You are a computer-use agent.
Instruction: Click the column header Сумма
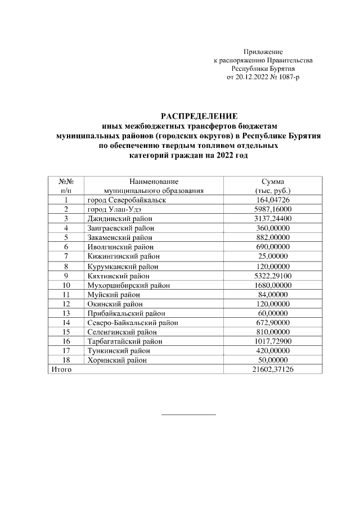tap(273, 181)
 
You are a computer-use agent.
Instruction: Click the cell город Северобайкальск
tap(127, 200)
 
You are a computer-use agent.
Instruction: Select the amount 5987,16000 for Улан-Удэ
tap(273, 209)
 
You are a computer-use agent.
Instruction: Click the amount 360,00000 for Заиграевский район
tap(273, 228)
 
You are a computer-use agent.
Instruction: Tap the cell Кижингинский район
tap(123, 256)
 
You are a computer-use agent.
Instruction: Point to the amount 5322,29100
tap(273, 276)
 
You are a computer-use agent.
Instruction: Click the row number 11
tap(66, 294)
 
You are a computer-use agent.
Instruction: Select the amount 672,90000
tap(273, 322)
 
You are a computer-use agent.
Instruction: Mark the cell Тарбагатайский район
tap(125, 341)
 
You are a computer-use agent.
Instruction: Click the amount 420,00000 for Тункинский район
tap(273, 350)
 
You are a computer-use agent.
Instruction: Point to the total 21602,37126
tap(273, 369)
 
